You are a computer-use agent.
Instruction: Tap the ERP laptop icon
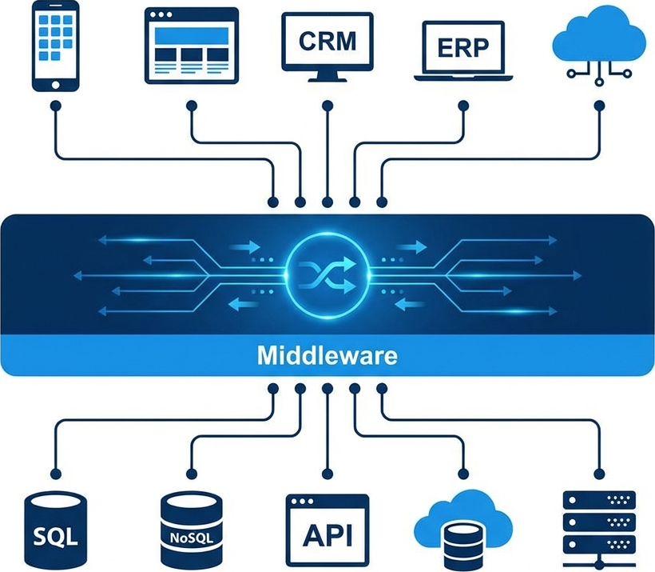(462, 50)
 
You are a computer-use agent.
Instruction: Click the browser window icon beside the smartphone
(192, 45)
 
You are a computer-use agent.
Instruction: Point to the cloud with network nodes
(598, 44)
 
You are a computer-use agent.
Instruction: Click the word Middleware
(327, 355)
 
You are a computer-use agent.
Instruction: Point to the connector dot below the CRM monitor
(327, 106)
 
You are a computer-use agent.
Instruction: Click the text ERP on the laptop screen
(462, 47)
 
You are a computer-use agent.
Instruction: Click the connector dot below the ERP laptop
(462, 106)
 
